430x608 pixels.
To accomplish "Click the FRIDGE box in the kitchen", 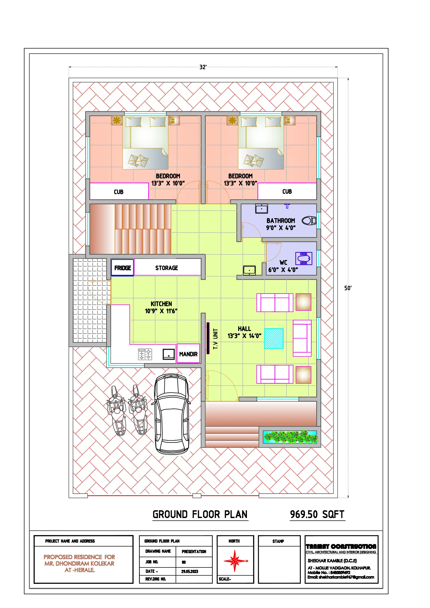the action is click(122, 268).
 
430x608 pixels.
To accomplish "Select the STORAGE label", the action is click(167, 268).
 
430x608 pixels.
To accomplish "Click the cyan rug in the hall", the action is click(274, 338).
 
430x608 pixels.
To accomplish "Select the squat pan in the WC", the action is click(304, 258).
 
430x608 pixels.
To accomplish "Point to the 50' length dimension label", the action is click(348, 288).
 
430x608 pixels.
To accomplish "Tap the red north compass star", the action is click(235, 561).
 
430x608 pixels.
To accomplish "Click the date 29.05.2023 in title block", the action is click(190, 571).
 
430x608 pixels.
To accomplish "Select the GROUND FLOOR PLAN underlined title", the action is click(200, 515).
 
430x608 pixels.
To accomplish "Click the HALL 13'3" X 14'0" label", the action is click(244, 332).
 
